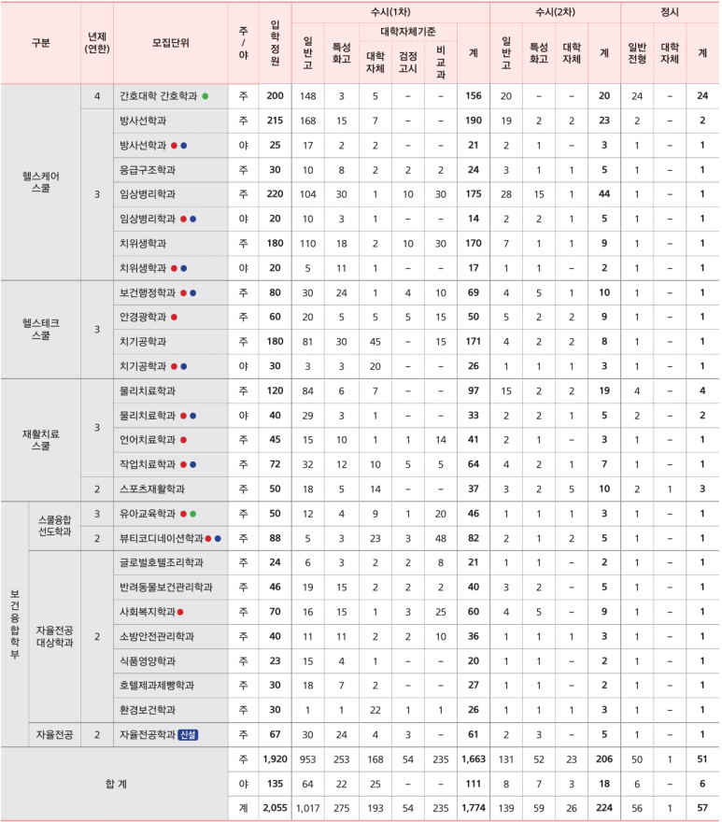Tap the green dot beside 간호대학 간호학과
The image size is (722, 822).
205,96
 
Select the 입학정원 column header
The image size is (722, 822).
275,43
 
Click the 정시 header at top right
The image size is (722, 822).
669,12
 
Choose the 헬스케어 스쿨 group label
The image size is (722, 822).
40,181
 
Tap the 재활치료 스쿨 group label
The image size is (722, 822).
40,439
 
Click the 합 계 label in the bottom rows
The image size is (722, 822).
114,784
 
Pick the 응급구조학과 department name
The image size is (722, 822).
148,170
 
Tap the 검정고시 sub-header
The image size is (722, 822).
408,61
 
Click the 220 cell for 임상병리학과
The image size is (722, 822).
275,194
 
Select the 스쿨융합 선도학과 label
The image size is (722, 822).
54,526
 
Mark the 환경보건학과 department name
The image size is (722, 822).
148,709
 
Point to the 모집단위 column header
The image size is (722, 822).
170,43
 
